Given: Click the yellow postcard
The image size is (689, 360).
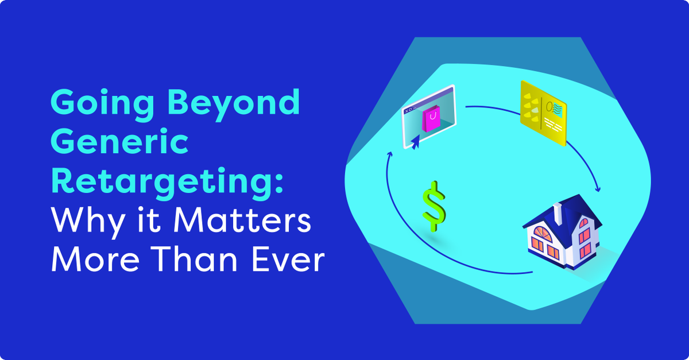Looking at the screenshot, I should point(543,113).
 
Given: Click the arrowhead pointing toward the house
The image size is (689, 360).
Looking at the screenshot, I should point(598,189).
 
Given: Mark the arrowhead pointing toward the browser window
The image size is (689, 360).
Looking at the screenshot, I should point(390,155).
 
